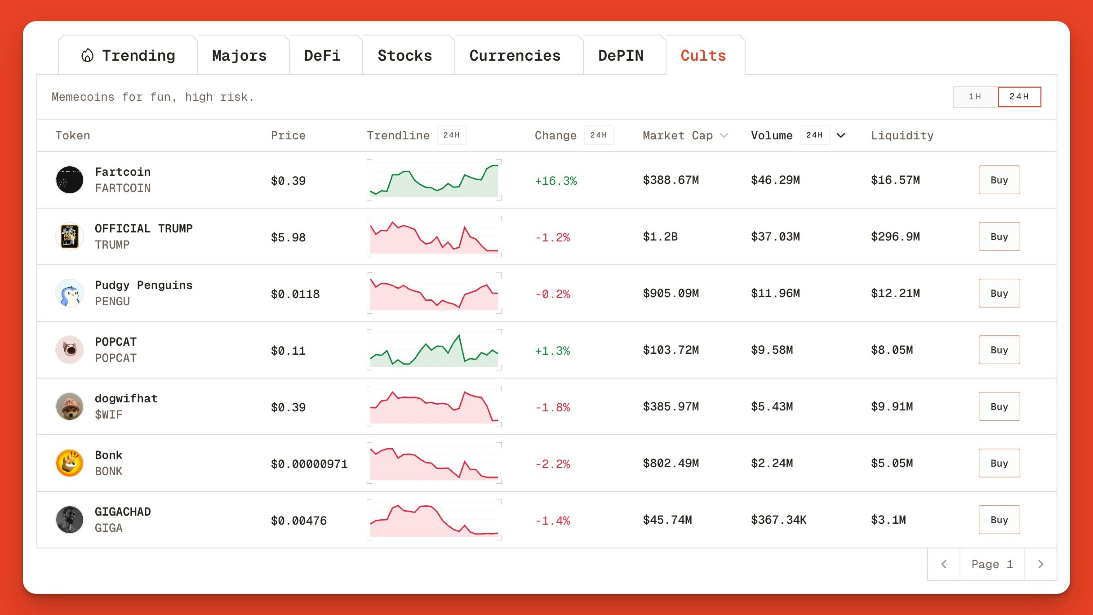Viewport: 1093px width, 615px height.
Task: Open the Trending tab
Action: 128,55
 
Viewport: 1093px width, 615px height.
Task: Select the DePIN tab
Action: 621,55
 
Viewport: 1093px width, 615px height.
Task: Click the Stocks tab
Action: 404,55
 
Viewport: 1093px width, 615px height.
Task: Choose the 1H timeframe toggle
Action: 975,97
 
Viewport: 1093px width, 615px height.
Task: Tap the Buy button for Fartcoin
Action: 999,180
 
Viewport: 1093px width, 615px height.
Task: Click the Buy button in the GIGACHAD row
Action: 999,520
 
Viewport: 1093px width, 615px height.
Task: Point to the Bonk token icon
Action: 70,463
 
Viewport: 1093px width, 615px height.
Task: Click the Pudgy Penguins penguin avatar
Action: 70,293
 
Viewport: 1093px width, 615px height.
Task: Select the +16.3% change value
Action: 555,181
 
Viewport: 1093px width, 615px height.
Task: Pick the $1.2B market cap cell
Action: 660,236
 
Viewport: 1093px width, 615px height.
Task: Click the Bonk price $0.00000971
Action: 309,464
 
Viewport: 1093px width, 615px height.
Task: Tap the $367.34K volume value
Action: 778,520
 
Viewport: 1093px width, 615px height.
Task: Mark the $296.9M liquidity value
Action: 895,236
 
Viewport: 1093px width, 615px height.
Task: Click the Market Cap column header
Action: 678,135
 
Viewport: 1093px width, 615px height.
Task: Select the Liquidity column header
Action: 902,135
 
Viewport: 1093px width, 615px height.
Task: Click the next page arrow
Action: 1040,564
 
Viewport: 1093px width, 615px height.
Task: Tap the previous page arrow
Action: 944,564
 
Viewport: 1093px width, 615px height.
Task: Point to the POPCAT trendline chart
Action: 434,350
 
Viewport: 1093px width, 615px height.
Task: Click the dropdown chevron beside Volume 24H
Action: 841,135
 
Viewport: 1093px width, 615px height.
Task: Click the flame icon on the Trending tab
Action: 87,55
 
